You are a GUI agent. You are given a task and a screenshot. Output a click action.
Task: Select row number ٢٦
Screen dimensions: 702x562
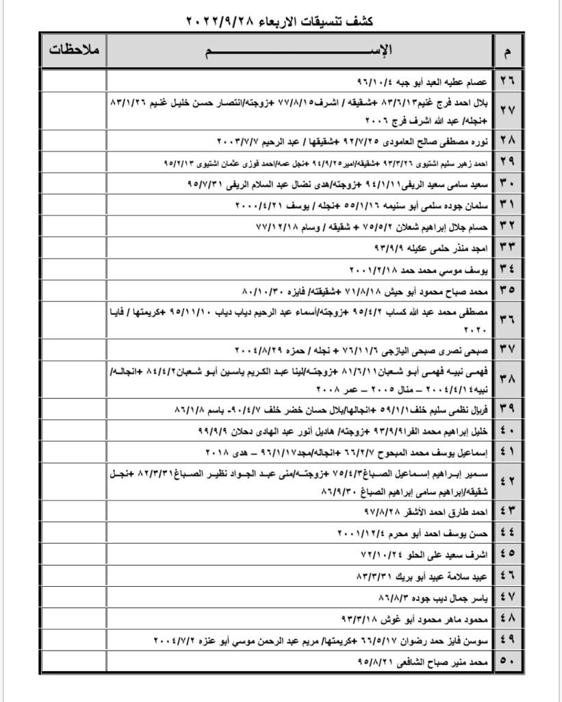point(508,80)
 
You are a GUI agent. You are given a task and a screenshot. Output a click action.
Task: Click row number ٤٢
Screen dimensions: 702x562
point(508,481)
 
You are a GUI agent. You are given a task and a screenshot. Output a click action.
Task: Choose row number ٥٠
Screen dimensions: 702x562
point(508,662)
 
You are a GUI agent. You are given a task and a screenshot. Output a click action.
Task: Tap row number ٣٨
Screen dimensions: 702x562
point(508,380)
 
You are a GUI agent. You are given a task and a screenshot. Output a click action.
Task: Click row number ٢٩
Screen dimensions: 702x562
point(508,162)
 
